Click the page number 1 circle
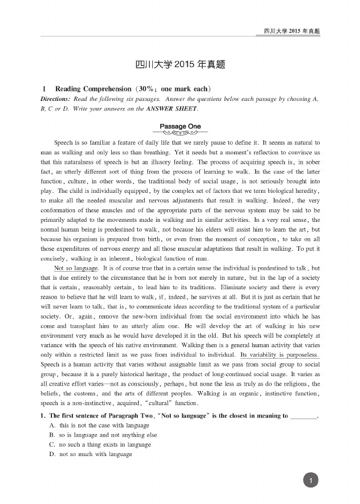coord(311,481)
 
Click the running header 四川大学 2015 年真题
coord(292,31)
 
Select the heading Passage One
coord(180,126)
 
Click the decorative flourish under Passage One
coord(180,133)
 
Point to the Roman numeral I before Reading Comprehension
coord(44,88)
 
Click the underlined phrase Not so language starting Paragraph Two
coord(75,268)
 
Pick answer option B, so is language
coord(103,435)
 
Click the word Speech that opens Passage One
coord(63,142)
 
